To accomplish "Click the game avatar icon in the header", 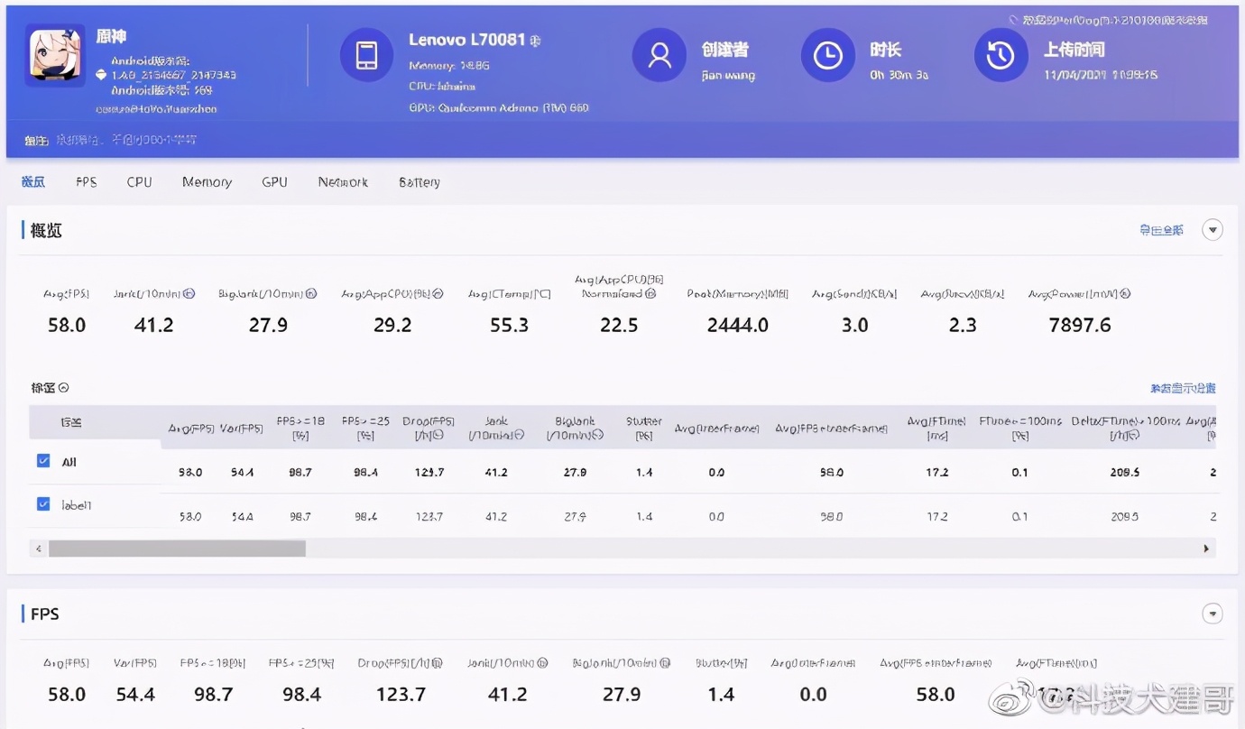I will point(56,54).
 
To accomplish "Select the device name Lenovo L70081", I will point(466,40).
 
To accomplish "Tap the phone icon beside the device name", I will point(366,55).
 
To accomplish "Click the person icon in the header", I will point(659,55).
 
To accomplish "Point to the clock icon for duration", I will point(827,55).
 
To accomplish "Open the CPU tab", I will point(139,182).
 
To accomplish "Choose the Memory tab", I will point(207,182).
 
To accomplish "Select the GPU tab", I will point(274,182).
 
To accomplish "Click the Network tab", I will point(343,182).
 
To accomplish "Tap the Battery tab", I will point(420,182).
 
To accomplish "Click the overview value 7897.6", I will point(1080,325).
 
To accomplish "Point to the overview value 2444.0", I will point(737,325).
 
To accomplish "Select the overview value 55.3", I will point(509,325).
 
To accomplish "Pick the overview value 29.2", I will point(392,325).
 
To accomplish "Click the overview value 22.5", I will point(619,325).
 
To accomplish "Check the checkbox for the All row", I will point(43,461).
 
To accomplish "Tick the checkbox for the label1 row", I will point(43,504).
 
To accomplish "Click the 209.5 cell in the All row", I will point(1126,473).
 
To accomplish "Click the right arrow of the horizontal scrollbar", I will point(1206,549).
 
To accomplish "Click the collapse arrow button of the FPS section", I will point(1213,614).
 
